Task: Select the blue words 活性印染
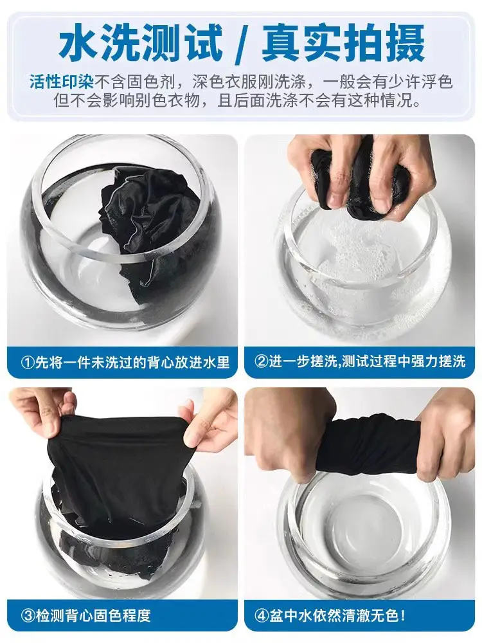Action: pyautogui.click(x=62, y=82)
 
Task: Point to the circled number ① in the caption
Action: pyautogui.click(x=28, y=363)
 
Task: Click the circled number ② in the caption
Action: pyautogui.click(x=261, y=361)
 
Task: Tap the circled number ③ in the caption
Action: pyautogui.click(x=28, y=615)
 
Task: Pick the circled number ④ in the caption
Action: pyautogui.click(x=261, y=615)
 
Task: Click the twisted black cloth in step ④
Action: pyautogui.click(x=369, y=449)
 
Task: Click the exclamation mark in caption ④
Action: pyautogui.click(x=404, y=615)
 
